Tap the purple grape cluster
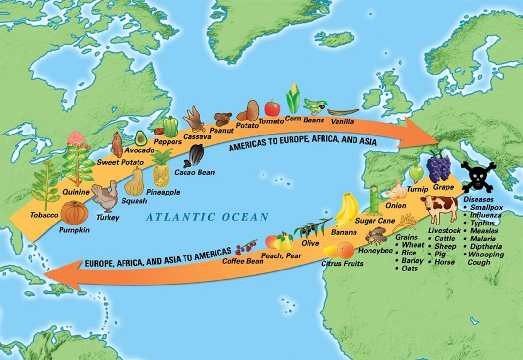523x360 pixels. [x=438, y=166]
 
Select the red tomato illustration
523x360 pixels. [x=272, y=108]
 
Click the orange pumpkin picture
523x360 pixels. [x=74, y=212]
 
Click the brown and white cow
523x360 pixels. [x=439, y=209]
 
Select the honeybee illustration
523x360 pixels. [x=375, y=237]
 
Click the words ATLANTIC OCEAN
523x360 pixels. [x=207, y=217]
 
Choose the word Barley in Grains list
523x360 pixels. [x=412, y=260]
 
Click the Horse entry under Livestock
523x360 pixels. [x=445, y=262]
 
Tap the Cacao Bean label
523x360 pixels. [x=194, y=172]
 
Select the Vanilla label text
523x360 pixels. [x=342, y=121]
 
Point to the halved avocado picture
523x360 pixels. [x=140, y=138]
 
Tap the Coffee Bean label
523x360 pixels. [x=243, y=261]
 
